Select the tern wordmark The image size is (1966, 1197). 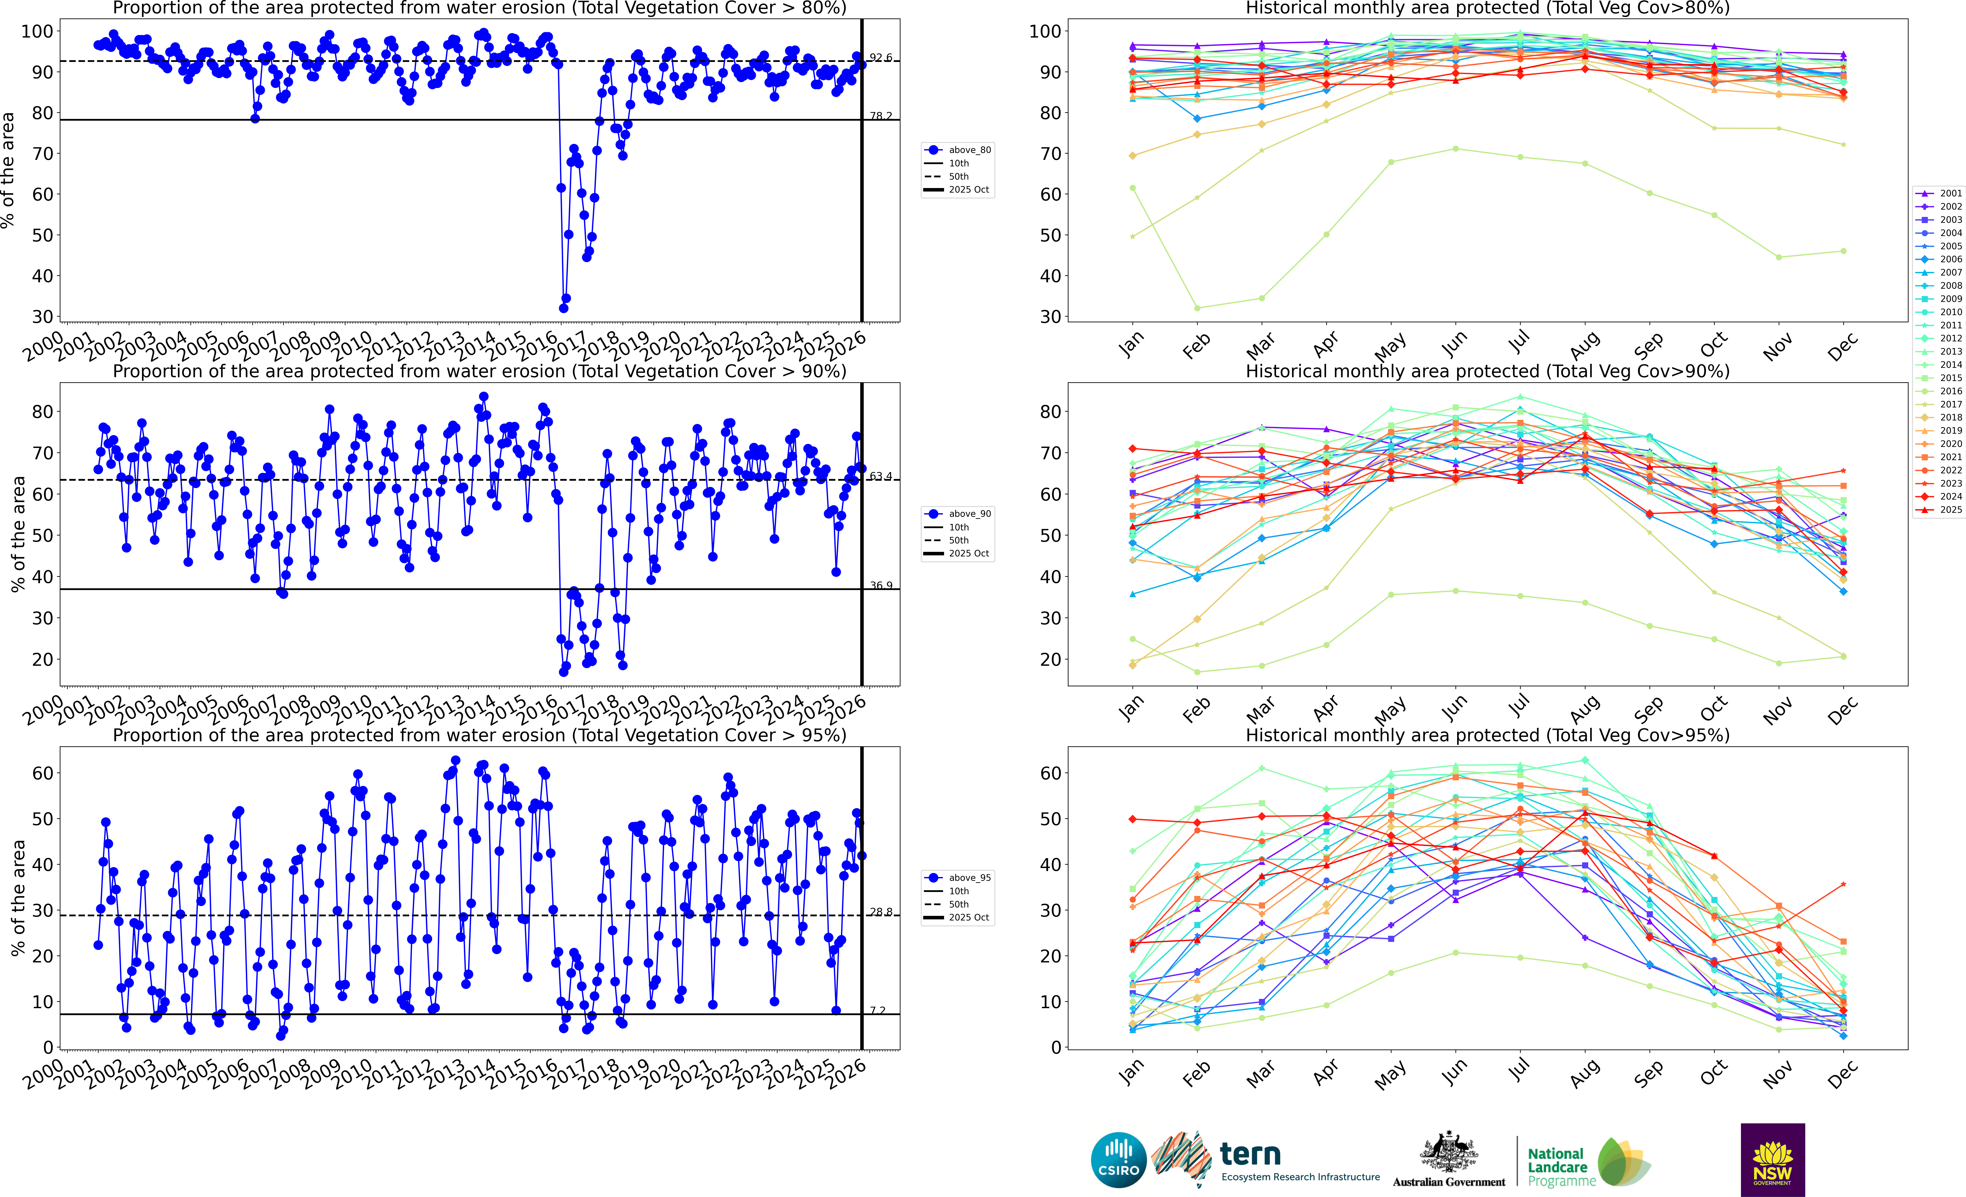tap(1250, 1155)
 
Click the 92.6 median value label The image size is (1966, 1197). tap(881, 57)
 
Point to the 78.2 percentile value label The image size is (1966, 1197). tap(881, 116)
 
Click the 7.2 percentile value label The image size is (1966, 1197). tap(878, 1010)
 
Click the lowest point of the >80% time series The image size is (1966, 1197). tap(563, 308)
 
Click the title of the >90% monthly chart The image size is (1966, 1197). tap(1487, 371)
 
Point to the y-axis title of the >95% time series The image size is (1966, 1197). tap(18, 898)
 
